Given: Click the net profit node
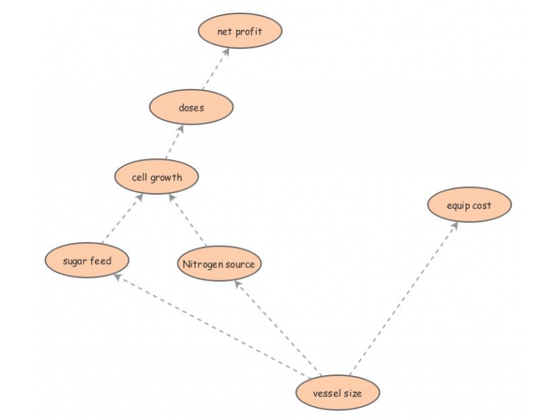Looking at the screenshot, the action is [240, 31].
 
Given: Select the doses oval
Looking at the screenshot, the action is [191, 107].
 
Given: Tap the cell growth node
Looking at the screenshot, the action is [156, 177].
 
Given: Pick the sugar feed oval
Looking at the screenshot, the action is [87, 260].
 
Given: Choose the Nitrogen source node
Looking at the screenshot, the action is [219, 264].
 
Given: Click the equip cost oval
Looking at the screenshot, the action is [469, 204].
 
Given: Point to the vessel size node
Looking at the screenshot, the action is [337, 393].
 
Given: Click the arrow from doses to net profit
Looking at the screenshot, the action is [216, 69].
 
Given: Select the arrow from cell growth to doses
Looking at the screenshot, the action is [174, 142].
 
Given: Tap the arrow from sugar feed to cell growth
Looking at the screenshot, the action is [122, 218].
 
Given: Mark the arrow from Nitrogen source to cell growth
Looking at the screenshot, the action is [188, 220].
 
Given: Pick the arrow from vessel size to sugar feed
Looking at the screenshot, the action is [212, 325].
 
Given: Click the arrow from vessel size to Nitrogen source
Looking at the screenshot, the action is [278, 328].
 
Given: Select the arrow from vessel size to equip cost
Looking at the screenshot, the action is [404, 298].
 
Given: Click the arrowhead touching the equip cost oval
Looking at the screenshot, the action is [454, 225].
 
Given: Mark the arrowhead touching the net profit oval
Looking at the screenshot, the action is [226, 52].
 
